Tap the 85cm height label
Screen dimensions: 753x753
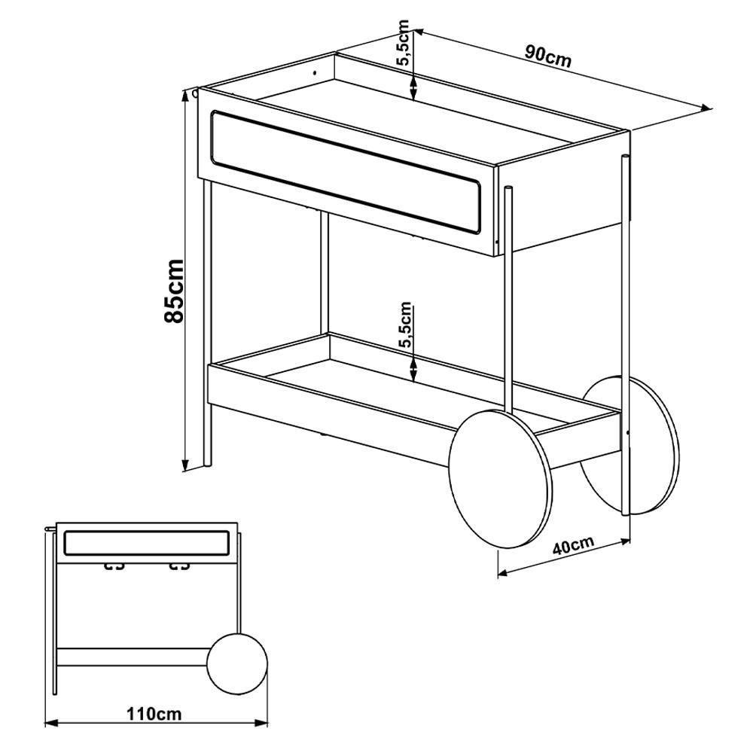pyautogui.click(x=174, y=291)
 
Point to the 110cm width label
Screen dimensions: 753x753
pyautogui.click(x=154, y=714)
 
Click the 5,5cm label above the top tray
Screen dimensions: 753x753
pyautogui.click(x=402, y=43)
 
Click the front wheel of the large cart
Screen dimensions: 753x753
pyautogui.click(x=501, y=478)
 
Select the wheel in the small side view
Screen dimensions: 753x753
pyautogui.click(x=236, y=663)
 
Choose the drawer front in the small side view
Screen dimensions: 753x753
pyautogui.click(x=147, y=543)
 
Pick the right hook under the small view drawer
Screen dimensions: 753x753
pyautogui.click(x=180, y=566)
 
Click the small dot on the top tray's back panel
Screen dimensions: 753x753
pyautogui.click(x=315, y=73)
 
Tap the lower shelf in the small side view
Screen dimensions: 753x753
pyautogui.click(x=133, y=657)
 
